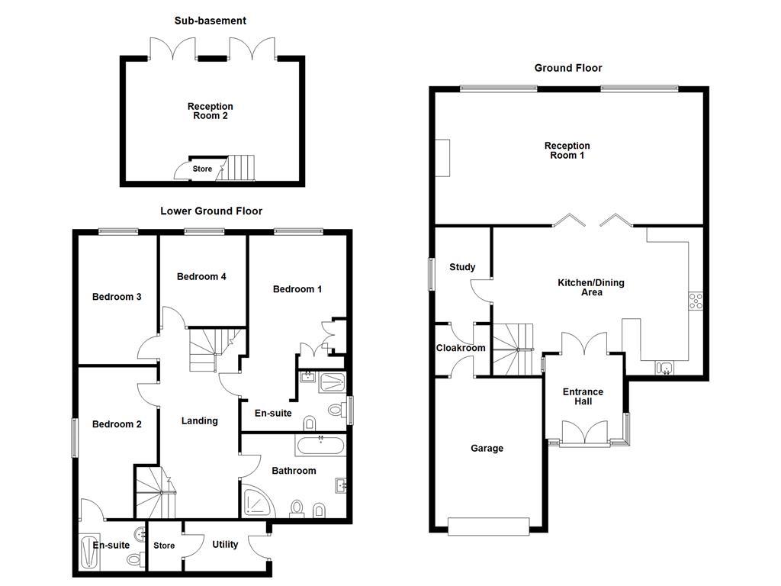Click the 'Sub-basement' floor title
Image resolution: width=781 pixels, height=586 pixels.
[211, 21]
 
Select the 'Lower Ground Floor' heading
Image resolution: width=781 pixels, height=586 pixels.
[211, 211]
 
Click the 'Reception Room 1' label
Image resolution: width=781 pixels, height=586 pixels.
[567, 150]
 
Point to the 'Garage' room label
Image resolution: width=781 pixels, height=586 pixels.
[487, 449]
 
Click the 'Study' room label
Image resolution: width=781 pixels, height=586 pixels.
[462, 267]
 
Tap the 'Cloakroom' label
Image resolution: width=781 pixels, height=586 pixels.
[461, 348]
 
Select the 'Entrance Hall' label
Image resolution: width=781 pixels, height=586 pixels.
[583, 397]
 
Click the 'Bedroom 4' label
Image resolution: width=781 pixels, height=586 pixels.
[201, 276]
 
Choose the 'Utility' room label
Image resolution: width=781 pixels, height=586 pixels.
[225, 545]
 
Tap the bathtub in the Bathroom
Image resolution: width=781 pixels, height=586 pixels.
[320, 446]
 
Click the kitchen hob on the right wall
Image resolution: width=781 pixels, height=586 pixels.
[695, 301]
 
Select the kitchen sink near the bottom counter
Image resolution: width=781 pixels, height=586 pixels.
[664, 369]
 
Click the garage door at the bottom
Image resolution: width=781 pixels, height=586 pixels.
[488, 526]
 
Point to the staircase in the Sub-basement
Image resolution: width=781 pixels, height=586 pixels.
[239, 167]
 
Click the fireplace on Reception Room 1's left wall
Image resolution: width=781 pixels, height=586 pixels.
[442, 158]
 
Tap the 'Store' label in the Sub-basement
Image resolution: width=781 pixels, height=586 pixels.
[202, 169]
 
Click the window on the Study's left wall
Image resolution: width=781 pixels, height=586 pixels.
[431, 273]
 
